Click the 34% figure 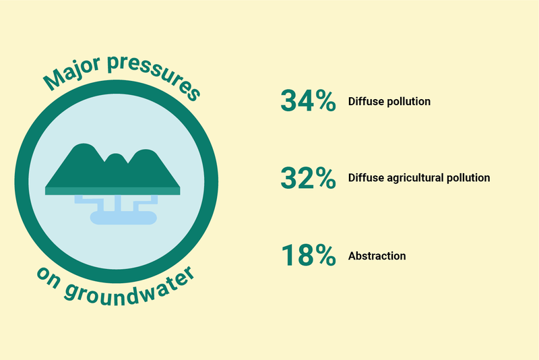[x=308, y=100]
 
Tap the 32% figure [x=308, y=178]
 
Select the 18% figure [x=309, y=255]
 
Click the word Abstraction [x=377, y=256]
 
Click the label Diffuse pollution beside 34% [x=389, y=101]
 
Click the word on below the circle [x=49, y=278]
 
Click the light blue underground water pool [x=123, y=218]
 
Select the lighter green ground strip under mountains [x=113, y=191]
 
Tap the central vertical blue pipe [x=117, y=203]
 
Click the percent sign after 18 [x=324, y=256]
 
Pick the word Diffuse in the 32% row [x=366, y=178]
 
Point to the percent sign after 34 [x=324, y=101]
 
